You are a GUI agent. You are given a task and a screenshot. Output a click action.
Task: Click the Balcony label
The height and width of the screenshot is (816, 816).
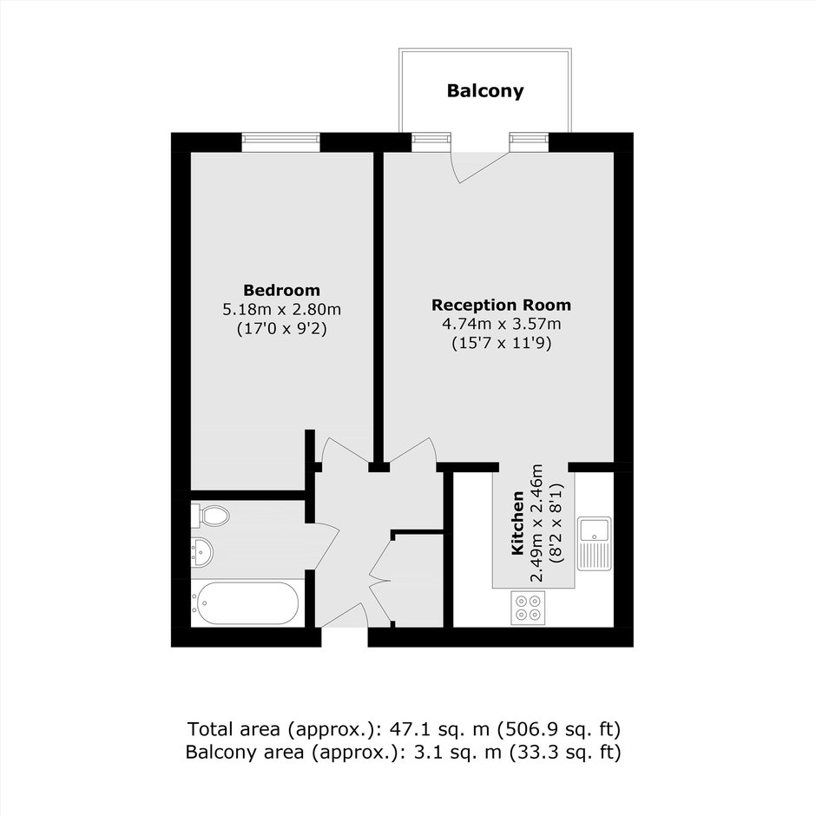pos(485,91)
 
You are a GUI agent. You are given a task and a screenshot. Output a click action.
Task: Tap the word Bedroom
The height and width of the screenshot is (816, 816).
pos(281,290)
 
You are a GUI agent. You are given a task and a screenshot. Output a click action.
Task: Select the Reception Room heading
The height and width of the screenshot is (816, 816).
pos(501,305)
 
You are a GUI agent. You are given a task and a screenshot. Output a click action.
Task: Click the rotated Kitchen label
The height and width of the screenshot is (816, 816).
pos(517,523)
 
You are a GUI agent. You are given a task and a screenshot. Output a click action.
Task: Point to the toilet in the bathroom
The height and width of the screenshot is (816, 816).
pos(210,516)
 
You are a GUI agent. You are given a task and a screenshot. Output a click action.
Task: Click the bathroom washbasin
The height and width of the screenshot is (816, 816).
pos(201,551)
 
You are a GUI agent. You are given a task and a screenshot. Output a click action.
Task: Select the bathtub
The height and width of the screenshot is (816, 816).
pos(245,603)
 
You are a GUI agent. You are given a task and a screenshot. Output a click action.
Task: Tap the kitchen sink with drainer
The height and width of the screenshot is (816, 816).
pos(595,543)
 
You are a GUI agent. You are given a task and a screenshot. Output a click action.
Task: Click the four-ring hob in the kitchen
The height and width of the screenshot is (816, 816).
pos(528,608)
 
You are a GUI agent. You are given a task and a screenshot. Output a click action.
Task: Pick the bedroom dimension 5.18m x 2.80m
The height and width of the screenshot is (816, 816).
pos(281,310)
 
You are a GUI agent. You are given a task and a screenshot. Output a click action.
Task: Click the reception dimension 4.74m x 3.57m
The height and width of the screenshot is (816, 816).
pos(501,324)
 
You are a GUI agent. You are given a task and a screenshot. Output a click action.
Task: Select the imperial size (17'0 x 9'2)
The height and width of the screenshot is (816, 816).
pos(281,329)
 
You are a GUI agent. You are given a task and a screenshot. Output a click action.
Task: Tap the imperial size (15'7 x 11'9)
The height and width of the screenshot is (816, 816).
pos(501,344)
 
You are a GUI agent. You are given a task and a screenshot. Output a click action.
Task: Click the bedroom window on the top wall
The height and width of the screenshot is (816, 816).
pos(280,142)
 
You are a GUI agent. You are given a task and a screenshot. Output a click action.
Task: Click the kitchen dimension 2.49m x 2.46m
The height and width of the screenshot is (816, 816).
pos(537,523)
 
